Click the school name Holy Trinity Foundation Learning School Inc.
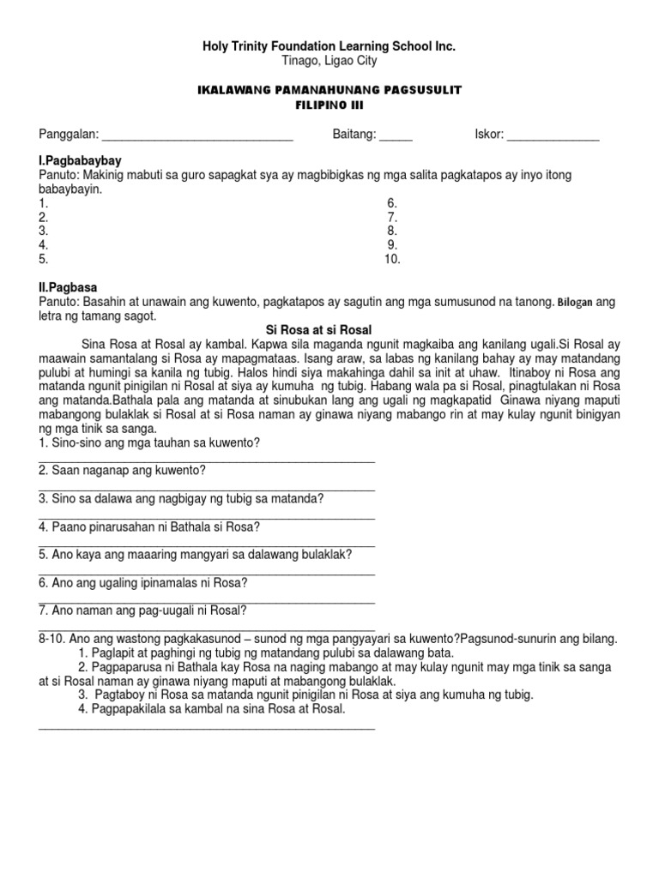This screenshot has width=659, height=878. click(x=329, y=46)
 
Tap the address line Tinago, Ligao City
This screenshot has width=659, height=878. click(x=329, y=61)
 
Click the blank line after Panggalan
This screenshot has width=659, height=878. click(x=197, y=137)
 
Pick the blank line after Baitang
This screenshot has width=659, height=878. click(x=396, y=137)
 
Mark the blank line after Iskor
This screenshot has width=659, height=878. click(x=553, y=137)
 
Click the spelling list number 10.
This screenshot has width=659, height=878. click(x=392, y=259)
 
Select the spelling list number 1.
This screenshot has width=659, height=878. click(x=43, y=203)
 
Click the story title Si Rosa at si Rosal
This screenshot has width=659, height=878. click(x=329, y=329)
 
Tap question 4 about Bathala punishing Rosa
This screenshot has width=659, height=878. click(x=148, y=526)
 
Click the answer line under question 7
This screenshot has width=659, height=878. click(x=206, y=629)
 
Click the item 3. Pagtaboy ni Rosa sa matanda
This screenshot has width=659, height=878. click(x=305, y=695)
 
